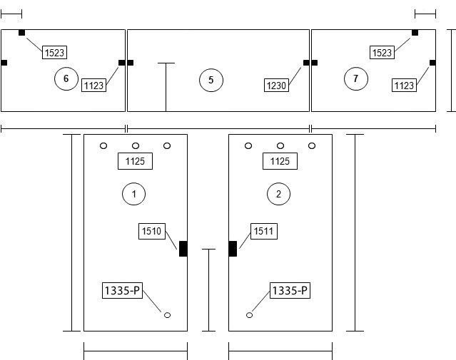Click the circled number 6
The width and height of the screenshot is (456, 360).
pyautogui.click(x=66, y=78)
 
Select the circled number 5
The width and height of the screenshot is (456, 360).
pyautogui.click(x=211, y=80)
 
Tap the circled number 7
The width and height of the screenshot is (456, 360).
pyautogui.click(x=356, y=78)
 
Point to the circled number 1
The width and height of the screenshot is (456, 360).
pyautogui.click(x=133, y=194)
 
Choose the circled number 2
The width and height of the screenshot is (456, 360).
pyautogui.click(x=278, y=194)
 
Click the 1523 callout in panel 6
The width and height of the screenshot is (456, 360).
pyautogui.click(x=55, y=52)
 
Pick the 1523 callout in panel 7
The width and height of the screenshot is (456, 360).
pyautogui.click(x=382, y=52)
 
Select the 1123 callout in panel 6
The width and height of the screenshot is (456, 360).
pyautogui.click(x=93, y=85)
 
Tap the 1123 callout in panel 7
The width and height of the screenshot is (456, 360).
pyautogui.click(x=404, y=85)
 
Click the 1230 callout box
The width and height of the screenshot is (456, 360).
pyautogui.click(x=277, y=85)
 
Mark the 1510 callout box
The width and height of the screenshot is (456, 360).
pyautogui.click(x=152, y=231)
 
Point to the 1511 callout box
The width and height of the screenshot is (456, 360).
pyautogui.click(x=264, y=231)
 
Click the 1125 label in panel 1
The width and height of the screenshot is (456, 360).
pyautogui.click(x=135, y=161)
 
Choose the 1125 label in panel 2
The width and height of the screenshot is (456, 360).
pyautogui.click(x=280, y=161)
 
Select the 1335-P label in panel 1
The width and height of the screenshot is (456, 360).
pyautogui.click(x=123, y=290)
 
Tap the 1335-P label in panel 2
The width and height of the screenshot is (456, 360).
pyautogui.click(x=290, y=290)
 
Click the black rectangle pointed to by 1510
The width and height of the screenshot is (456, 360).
pyautogui.click(x=183, y=249)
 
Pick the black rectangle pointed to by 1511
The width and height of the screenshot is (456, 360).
pyautogui.click(x=233, y=249)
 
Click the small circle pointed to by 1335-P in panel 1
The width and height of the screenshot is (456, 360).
pyautogui.click(x=167, y=315)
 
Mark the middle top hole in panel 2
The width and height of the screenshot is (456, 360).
pyautogui.click(x=280, y=145)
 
